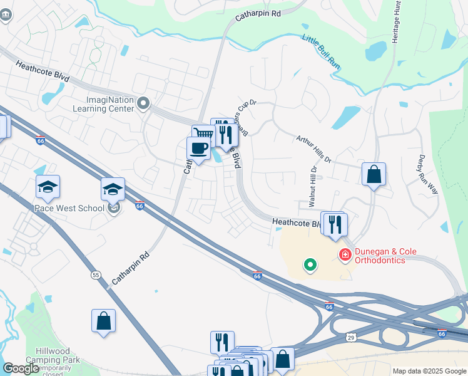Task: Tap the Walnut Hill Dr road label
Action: (x=312, y=187)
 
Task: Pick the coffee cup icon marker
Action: (x=198, y=149)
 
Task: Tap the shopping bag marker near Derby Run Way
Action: (x=374, y=175)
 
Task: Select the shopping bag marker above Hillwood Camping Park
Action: (x=104, y=321)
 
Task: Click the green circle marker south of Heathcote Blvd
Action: (x=310, y=265)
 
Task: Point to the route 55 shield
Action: (x=96, y=274)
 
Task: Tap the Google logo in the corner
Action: (x=21, y=368)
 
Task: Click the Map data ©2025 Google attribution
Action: (x=429, y=371)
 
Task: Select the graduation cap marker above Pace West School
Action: (x=48, y=187)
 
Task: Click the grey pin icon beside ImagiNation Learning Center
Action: (x=143, y=103)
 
